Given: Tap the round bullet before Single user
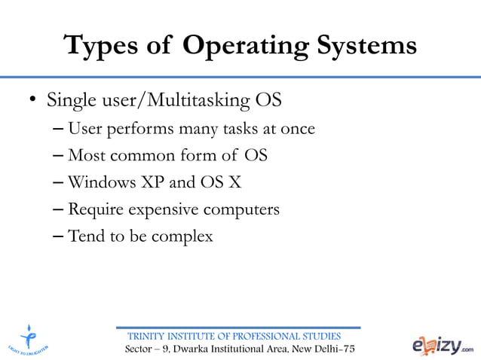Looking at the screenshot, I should (33, 101).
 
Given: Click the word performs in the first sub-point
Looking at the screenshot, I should (139, 130).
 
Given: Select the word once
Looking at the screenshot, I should (297, 130).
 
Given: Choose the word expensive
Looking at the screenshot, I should (162, 209).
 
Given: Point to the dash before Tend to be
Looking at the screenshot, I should (59, 236).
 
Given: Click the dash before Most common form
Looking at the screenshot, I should (59, 157).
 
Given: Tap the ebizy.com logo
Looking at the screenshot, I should (443, 344).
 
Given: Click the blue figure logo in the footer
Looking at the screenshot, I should (29, 336).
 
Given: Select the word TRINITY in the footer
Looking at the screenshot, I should (149, 336).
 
